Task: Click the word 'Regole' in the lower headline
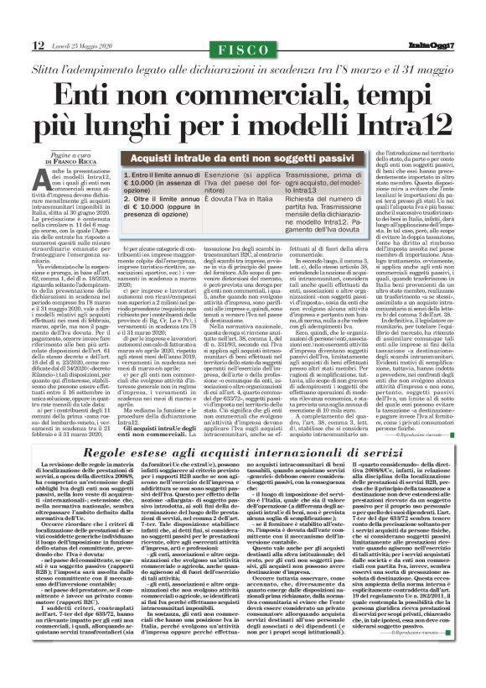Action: coord(86,456)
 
